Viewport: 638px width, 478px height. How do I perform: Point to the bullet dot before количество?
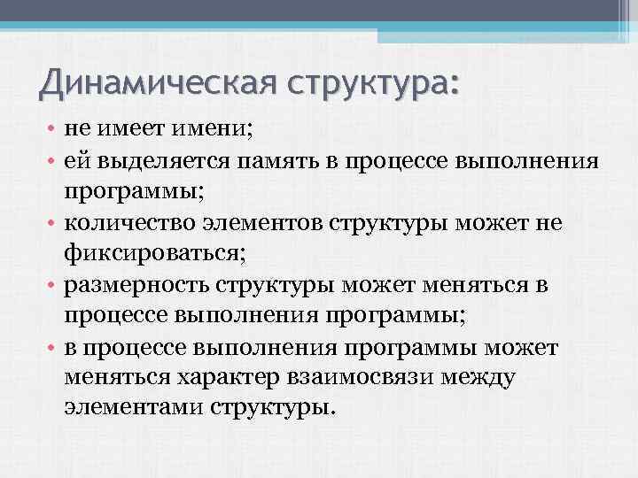click(x=52, y=224)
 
